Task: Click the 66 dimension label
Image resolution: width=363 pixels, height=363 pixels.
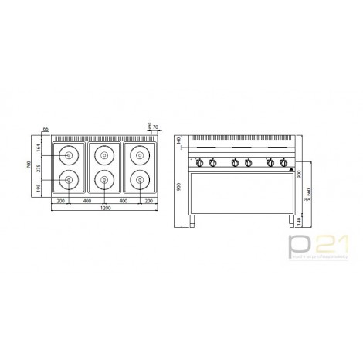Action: (46, 130)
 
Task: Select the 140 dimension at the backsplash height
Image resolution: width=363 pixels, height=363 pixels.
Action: (178, 141)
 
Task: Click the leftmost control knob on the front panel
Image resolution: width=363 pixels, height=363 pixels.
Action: (198, 162)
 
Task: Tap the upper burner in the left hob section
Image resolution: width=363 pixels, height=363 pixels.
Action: (69, 154)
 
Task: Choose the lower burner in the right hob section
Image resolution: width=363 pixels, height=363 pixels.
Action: (139, 181)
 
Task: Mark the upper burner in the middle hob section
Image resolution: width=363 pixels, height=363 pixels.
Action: (103, 154)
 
